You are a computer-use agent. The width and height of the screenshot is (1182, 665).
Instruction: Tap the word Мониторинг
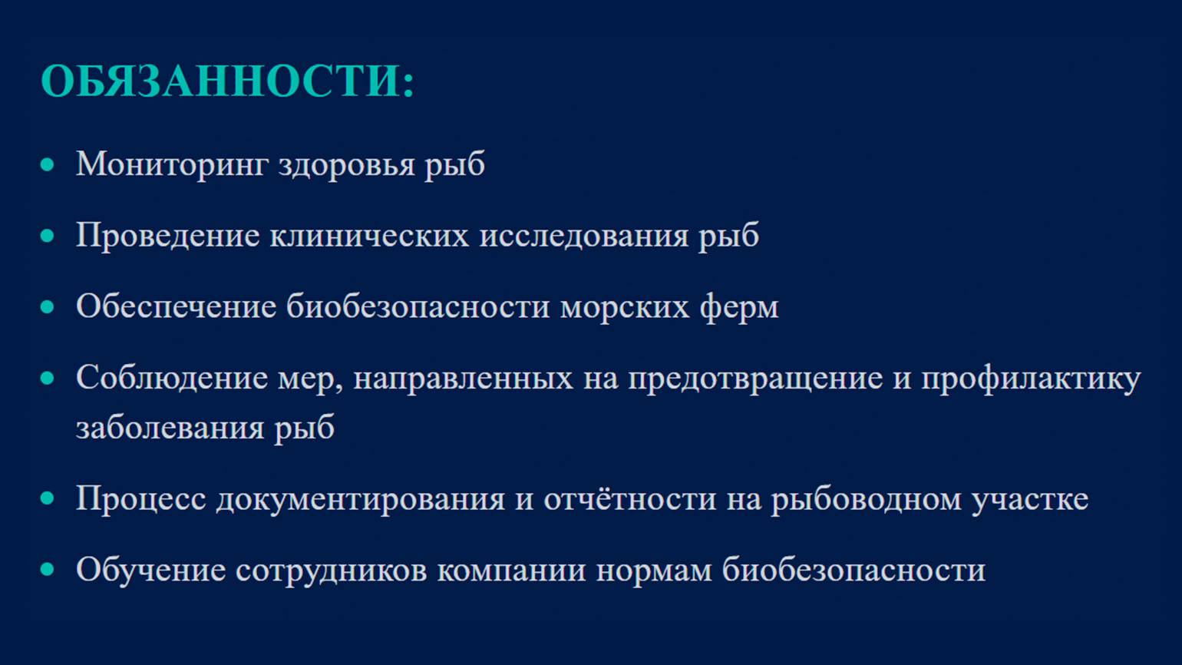click(x=172, y=164)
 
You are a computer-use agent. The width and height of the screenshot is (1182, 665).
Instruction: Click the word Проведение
click(x=168, y=236)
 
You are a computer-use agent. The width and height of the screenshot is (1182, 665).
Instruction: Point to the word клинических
click(x=369, y=236)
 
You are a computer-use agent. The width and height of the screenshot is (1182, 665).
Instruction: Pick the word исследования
click(x=583, y=236)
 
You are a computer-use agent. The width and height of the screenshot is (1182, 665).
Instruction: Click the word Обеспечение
click(x=177, y=306)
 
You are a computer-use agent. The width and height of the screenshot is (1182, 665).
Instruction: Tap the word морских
click(x=625, y=307)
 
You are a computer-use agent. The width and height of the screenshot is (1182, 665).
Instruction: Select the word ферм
click(x=739, y=306)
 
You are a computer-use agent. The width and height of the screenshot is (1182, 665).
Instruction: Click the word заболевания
click(x=170, y=428)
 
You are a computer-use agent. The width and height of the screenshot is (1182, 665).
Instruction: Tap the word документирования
click(x=361, y=499)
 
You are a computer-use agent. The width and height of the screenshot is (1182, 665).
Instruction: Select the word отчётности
click(x=630, y=499)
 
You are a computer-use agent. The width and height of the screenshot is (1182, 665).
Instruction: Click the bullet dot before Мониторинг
click(x=47, y=164)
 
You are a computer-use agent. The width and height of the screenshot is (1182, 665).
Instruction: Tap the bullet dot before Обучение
click(x=47, y=569)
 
